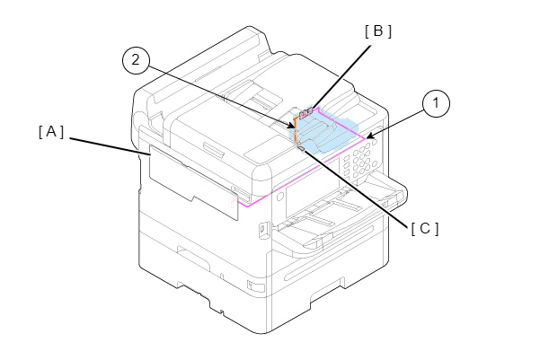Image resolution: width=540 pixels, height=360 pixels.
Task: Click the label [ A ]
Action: [51, 132]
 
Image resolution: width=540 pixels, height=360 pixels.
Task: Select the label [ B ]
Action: [378, 31]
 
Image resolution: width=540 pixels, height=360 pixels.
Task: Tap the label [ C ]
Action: [425, 229]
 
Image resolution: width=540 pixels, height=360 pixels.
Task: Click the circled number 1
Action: [436, 103]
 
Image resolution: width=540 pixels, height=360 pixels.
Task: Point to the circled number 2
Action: [136, 60]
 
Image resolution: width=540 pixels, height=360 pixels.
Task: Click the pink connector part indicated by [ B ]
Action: [306, 113]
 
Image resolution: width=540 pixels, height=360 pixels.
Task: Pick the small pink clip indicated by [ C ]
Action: [301, 148]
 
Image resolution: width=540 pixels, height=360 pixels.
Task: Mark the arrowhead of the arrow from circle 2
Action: [291, 127]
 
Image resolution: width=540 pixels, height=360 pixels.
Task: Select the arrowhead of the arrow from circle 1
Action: [370, 136]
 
